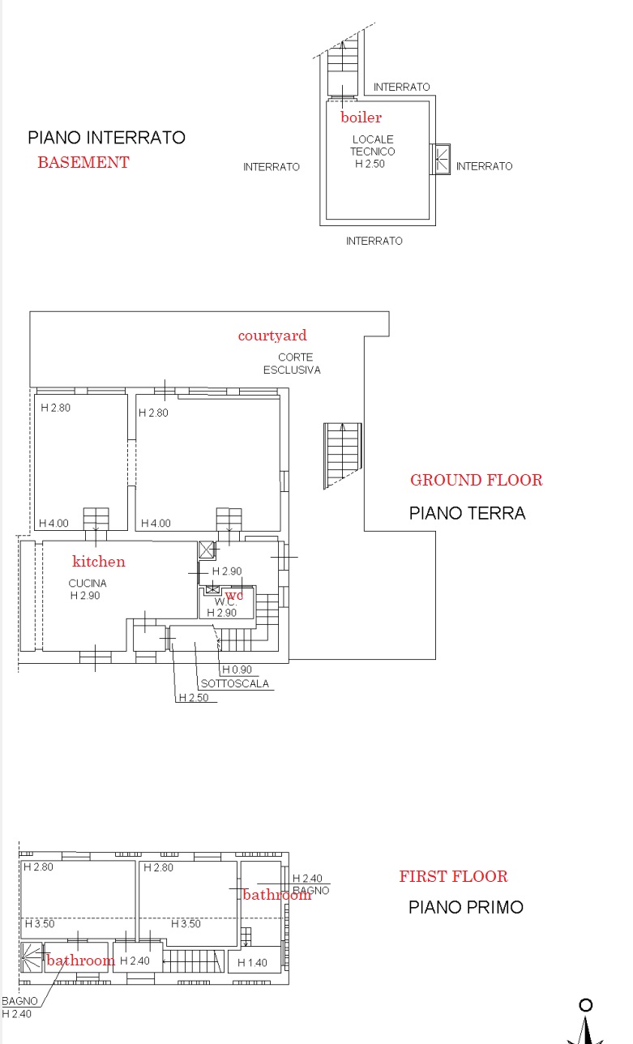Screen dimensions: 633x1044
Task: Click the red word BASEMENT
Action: pos(83,162)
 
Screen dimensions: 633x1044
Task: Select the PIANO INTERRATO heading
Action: pos(107,138)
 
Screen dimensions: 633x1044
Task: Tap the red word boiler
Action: pos(361,117)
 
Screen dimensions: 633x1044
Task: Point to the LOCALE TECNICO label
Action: pos(373,145)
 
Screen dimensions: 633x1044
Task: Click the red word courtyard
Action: pos(272,336)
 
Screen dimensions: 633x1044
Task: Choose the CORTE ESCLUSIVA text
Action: pos(293,363)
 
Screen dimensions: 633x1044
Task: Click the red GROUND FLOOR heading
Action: pos(477,480)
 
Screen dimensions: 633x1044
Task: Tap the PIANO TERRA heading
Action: pos(468,513)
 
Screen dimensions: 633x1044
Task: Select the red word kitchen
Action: pos(99,561)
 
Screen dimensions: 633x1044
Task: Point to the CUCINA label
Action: pos(88,583)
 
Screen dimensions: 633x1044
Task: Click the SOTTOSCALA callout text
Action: pos(235,684)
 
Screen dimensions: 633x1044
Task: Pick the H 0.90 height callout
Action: pos(237,670)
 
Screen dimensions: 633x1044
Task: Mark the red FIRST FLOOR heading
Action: pos(454,876)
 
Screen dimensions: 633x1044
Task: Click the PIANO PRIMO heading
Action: pos(466,908)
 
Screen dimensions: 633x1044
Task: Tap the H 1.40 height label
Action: pos(252,962)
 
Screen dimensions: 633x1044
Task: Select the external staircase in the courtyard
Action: pos(343,456)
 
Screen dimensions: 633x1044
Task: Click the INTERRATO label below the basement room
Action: pos(374,241)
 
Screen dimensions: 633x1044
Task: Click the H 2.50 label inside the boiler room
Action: pos(370,164)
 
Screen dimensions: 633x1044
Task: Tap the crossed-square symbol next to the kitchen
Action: pos(207,550)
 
